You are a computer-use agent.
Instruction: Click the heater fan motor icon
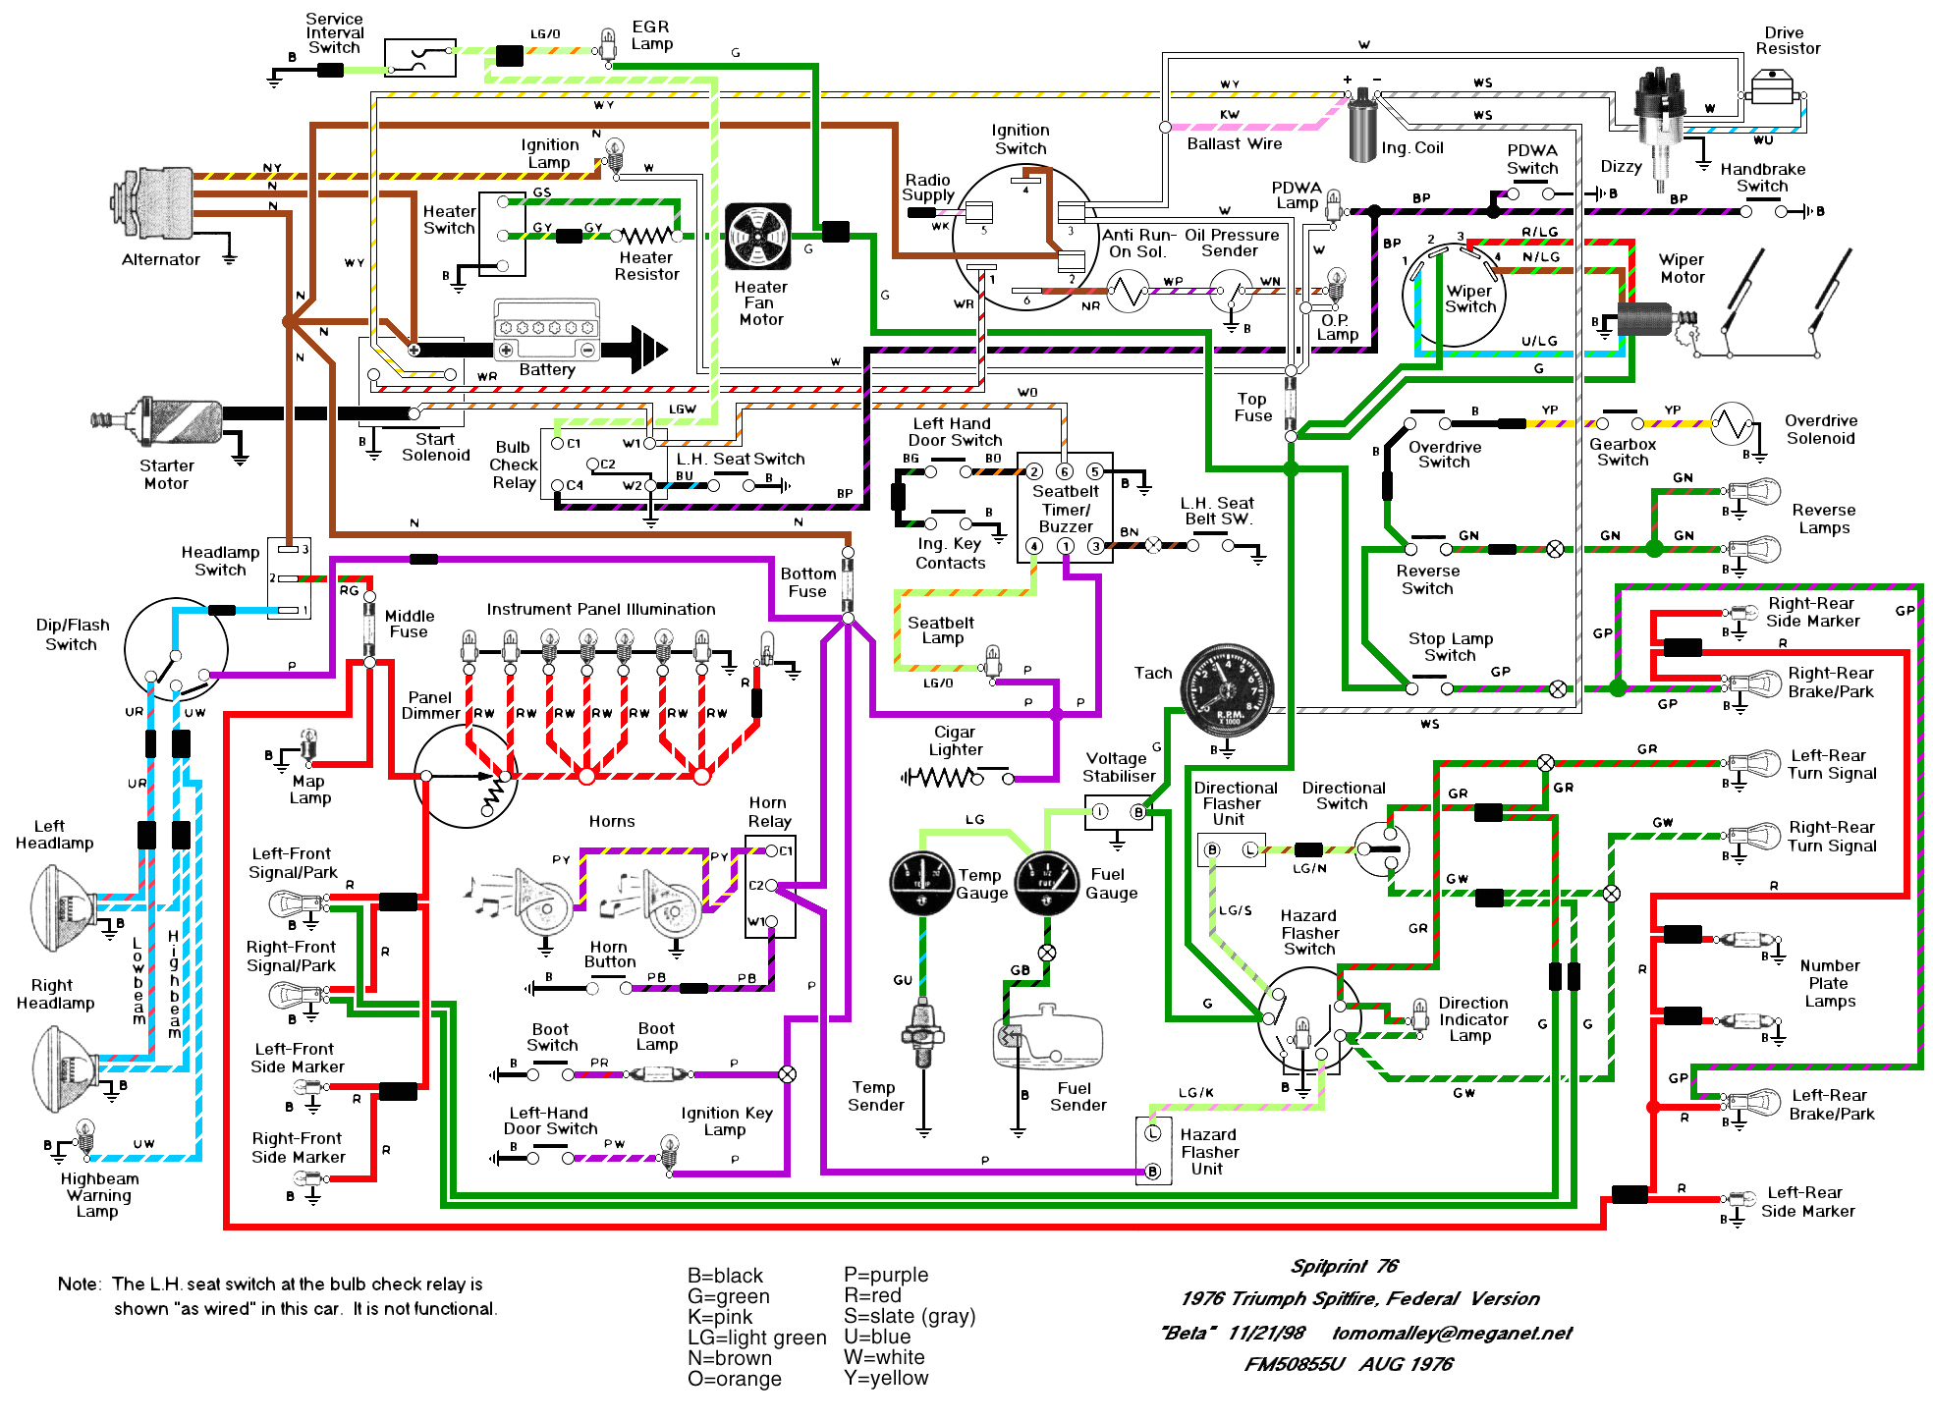tap(757, 237)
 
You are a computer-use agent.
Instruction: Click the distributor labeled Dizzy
tap(1661, 118)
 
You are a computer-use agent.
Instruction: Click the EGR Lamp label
tap(651, 35)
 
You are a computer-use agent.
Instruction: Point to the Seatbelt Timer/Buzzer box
tap(1065, 508)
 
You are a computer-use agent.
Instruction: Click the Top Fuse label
tap(1252, 407)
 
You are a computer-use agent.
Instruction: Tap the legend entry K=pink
tap(720, 1316)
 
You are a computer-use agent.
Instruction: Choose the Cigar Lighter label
tap(955, 740)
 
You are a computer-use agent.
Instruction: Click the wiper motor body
tap(1645, 319)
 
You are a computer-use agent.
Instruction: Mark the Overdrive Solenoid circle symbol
tap(1731, 424)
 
